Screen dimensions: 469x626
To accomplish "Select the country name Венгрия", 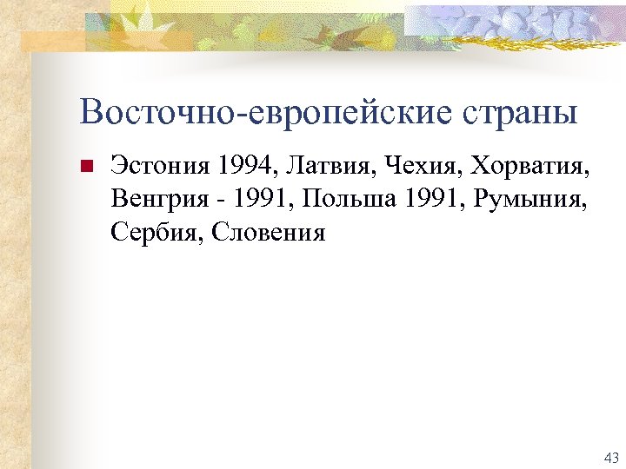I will [x=156, y=200].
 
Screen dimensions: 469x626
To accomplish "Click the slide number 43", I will [x=609, y=457].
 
